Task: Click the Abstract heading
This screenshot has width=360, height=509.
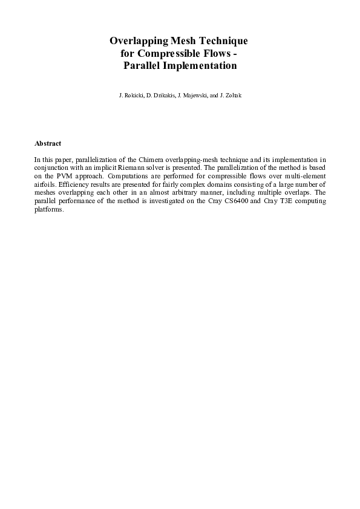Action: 48,143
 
